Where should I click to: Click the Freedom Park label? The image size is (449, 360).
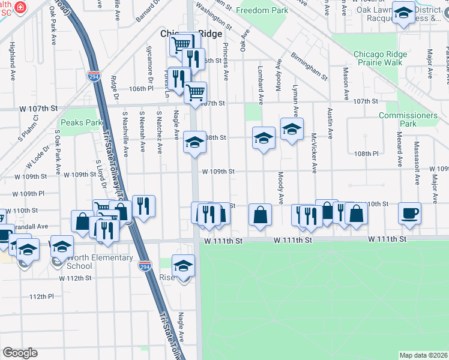tap(262, 11)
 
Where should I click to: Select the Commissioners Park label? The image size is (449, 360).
tap(408, 119)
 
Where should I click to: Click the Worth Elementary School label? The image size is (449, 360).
tap(100, 262)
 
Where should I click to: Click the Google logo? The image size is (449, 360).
tap(20, 352)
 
